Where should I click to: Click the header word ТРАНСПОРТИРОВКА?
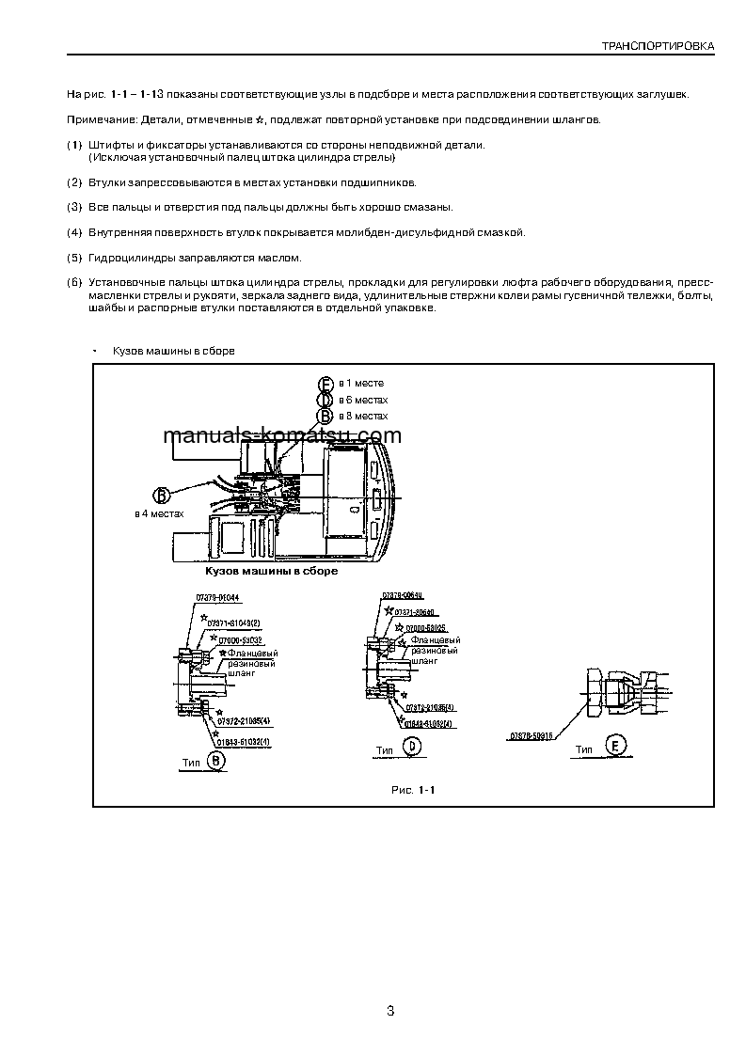tap(658, 45)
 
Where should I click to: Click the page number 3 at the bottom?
tap(389, 1011)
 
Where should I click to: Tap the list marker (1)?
tap(74, 145)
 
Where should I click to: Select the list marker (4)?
tap(74, 231)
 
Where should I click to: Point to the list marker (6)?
tap(74, 282)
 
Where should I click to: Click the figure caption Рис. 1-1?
tap(413, 789)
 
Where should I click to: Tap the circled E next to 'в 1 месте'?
tap(325, 384)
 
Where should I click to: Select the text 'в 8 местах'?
tap(363, 416)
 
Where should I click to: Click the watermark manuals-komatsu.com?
tap(281, 435)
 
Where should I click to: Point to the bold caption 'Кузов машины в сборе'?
tap(271, 570)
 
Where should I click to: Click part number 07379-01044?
tap(217, 598)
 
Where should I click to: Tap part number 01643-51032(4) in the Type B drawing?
tap(244, 743)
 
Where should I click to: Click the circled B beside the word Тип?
tap(215, 765)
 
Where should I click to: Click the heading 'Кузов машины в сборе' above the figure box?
tap(173, 351)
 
